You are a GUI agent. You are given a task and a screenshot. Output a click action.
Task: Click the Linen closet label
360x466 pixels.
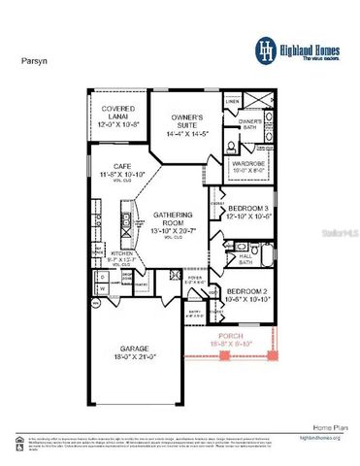pos(233,100)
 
